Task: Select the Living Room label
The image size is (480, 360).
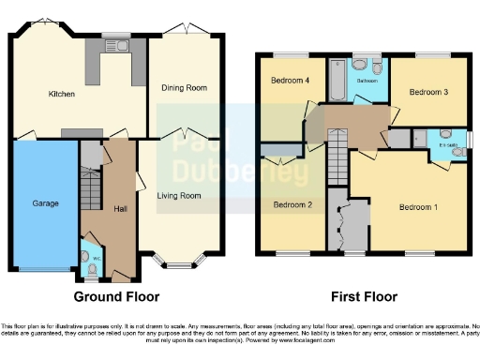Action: (x=178, y=196)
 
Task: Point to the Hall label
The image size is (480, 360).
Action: (x=120, y=209)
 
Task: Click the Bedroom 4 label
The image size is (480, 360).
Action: (x=291, y=80)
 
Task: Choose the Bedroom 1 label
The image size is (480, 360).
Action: (x=418, y=206)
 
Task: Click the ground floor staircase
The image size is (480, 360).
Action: (x=92, y=192)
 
